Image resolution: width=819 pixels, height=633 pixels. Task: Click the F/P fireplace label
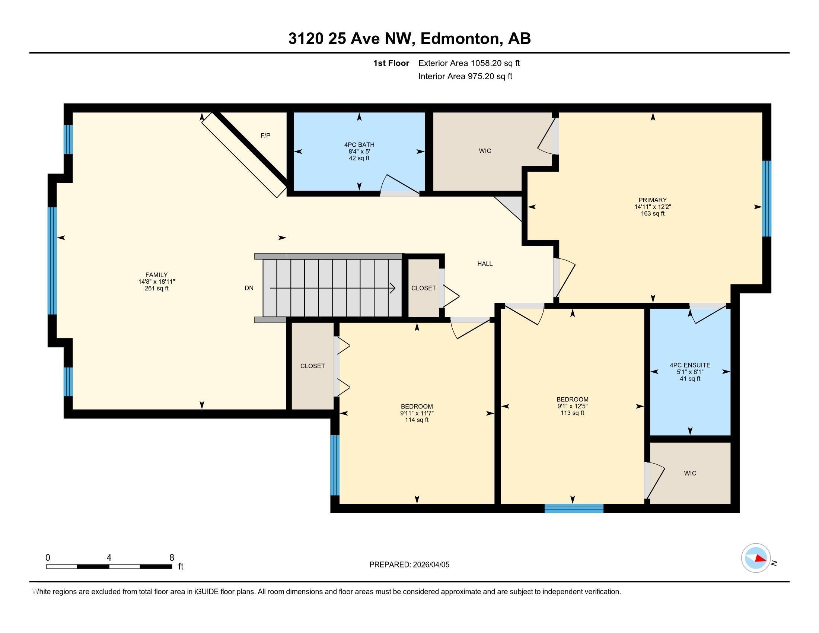265,136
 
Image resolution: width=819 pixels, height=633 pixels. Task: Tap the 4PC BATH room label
359,145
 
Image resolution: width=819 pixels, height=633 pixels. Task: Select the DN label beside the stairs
249,288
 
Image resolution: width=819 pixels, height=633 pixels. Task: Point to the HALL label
484,264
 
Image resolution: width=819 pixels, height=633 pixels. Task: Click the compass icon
756,558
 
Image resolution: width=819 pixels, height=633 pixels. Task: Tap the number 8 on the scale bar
172,558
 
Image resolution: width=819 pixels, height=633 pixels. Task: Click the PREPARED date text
409,565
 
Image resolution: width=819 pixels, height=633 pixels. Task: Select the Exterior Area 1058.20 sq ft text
469,63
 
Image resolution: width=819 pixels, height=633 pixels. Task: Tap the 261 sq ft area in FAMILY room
156,288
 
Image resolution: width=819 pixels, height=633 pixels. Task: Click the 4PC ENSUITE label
689,365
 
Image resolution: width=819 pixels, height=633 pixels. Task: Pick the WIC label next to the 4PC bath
484,151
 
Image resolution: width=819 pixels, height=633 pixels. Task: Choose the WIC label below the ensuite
689,473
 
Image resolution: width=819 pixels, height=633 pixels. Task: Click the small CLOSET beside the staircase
423,288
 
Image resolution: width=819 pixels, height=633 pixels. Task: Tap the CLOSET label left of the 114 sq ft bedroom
312,366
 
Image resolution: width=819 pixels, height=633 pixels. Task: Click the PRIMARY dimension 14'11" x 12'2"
653,207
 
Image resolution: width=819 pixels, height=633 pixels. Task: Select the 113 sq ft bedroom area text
572,413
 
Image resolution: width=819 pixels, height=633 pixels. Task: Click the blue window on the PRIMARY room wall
767,199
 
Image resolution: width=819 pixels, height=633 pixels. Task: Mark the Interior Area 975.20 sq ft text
465,76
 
